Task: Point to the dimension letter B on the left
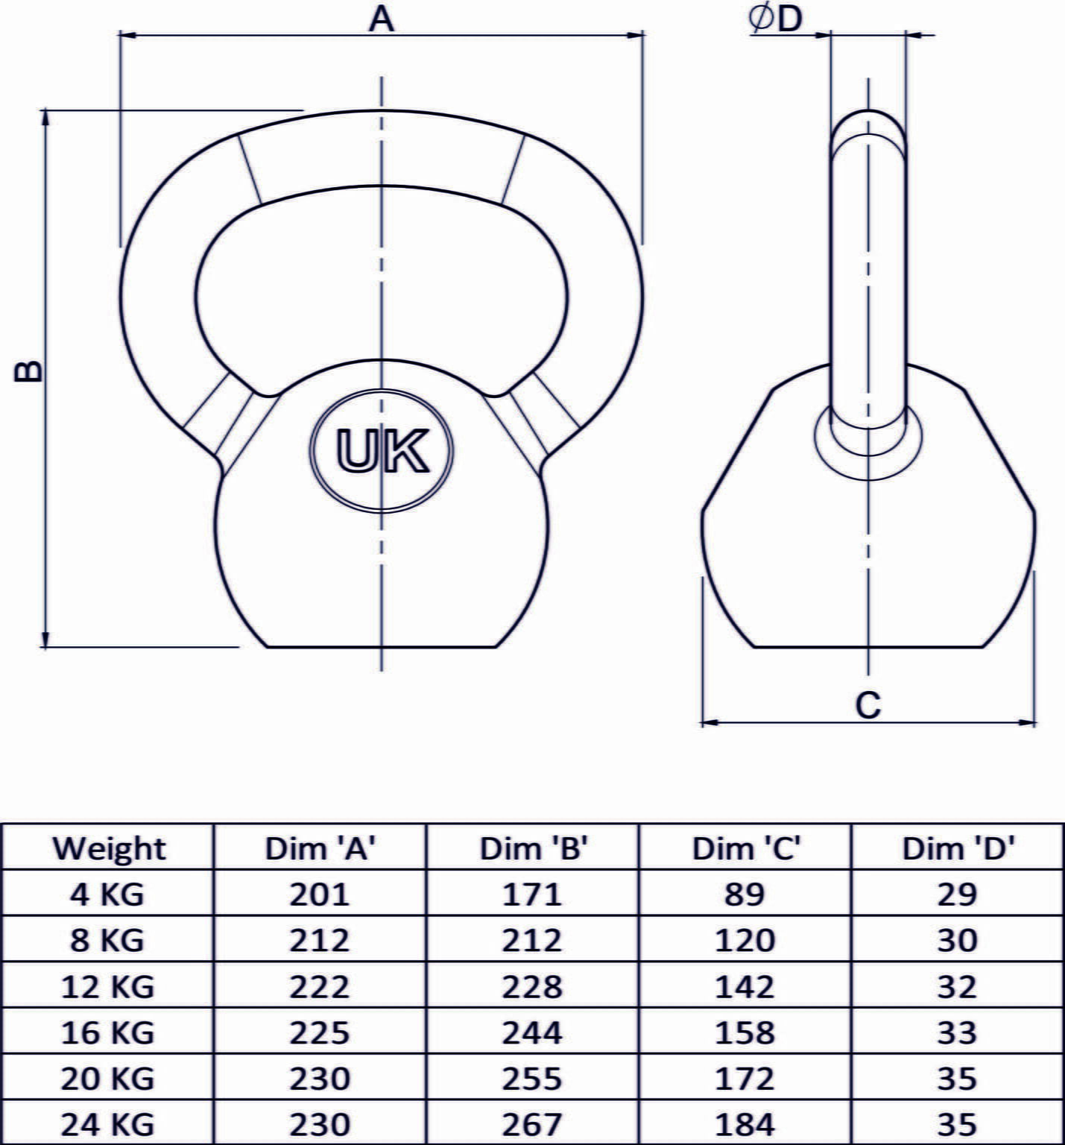tap(28, 372)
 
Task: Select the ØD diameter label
tap(775, 19)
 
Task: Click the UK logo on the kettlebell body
tap(382, 451)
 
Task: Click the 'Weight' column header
tap(109, 848)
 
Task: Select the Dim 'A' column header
tap(320, 848)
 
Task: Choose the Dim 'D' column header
tap(958, 848)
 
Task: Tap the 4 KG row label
tap(107, 894)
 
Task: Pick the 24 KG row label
tap(107, 1124)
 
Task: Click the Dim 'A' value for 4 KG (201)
tap(320, 894)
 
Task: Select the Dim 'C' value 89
tap(745, 894)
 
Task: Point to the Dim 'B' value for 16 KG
tap(532, 1032)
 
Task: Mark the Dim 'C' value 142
tap(745, 986)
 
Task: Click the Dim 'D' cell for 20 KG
tap(957, 1079)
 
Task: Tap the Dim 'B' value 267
tap(532, 1124)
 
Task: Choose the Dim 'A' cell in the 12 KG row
tap(320, 986)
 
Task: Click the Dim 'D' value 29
tap(957, 894)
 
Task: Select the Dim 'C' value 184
tap(745, 1124)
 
